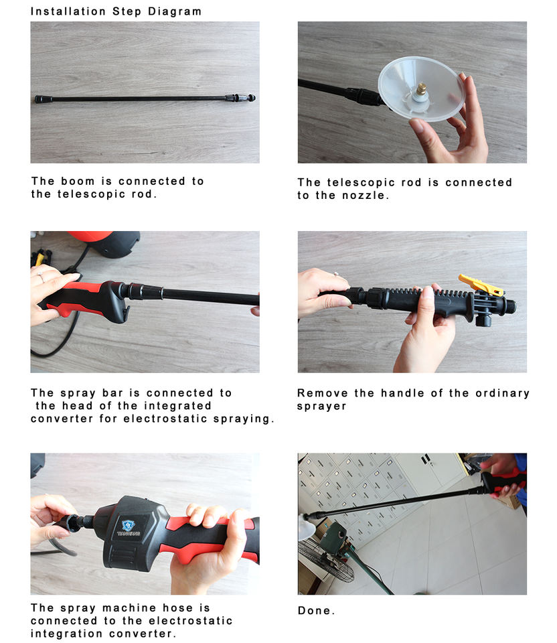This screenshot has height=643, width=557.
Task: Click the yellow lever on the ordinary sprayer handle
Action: (x=481, y=285)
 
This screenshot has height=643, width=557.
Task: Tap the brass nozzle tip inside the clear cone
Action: (x=420, y=88)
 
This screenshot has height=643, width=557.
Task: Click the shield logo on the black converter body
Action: (x=129, y=525)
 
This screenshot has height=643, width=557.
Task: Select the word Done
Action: (x=316, y=611)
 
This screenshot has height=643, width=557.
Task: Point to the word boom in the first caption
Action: (x=78, y=181)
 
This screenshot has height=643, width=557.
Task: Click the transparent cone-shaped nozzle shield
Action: (x=421, y=89)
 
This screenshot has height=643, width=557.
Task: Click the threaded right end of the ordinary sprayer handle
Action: (x=510, y=306)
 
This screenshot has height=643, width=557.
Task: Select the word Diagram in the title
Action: (x=175, y=11)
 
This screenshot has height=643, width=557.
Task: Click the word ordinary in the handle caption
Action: (x=503, y=393)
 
